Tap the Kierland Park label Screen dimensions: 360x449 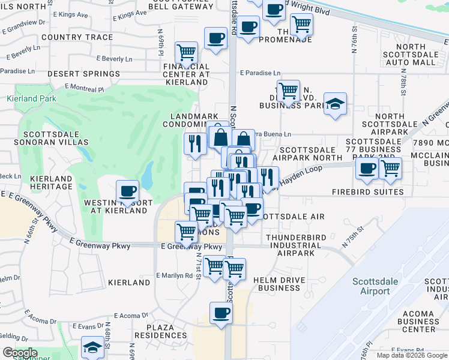(31, 98)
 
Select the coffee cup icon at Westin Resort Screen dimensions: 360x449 (127, 191)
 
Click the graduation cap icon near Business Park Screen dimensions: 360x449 (335, 103)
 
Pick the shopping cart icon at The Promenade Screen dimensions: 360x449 (301, 24)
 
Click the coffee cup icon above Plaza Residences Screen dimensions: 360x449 (221, 313)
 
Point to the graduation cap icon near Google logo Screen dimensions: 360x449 (92, 348)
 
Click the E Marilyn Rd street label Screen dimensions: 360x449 (175, 276)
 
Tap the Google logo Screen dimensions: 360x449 (20, 353)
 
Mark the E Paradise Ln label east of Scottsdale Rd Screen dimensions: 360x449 (260, 72)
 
